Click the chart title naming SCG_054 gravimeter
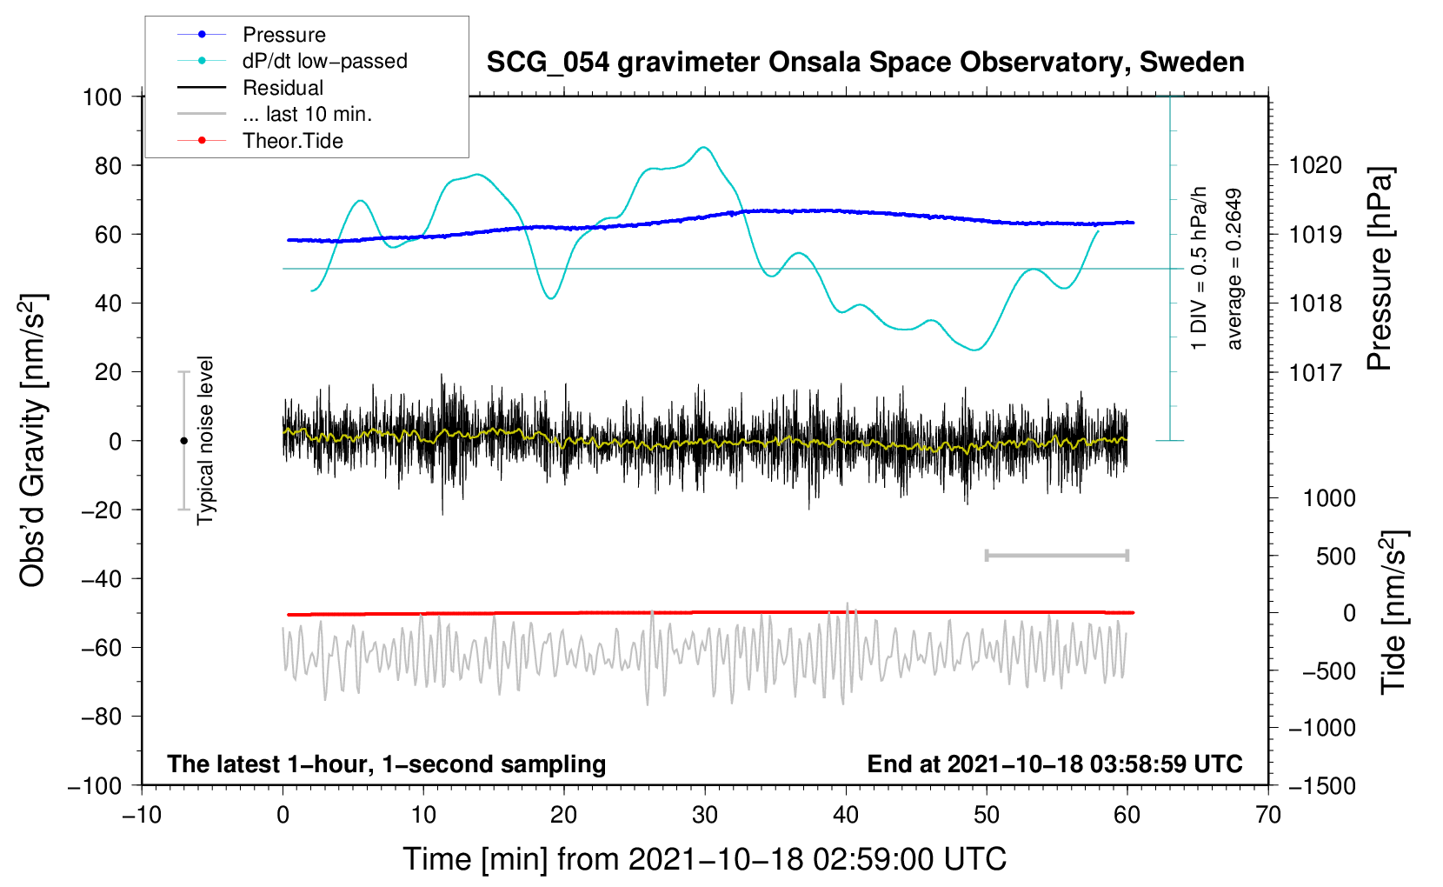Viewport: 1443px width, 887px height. pos(865,63)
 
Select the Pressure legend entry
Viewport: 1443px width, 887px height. pos(252,34)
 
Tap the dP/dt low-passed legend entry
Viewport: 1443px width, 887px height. pos(292,61)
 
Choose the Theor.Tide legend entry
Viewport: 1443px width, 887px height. pos(260,141)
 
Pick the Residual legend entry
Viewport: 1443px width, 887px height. pos(250,87)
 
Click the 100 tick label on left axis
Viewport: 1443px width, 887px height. pos(103,97)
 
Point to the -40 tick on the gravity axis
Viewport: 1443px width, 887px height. pos(102,579)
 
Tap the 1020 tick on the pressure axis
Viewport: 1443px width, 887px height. pos(1315,166)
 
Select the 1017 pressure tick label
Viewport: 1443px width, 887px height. pos(1315,372)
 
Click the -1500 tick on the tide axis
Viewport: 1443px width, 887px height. pos(1322,786)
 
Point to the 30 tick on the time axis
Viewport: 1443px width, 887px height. pos(705,816)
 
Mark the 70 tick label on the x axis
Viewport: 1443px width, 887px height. pos(1267,816)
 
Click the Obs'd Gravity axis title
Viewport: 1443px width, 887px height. pos(33,440)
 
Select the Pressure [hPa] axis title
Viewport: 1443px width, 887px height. pos(1380,269)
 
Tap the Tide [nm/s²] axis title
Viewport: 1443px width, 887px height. pos(1394,612)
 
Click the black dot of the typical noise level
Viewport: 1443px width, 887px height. pos(183,441)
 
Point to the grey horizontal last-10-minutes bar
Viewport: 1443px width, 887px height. pos(1056,556)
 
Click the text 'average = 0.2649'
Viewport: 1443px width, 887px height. pos(1233,269)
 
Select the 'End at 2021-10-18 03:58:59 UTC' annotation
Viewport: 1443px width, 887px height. pos(1054,764)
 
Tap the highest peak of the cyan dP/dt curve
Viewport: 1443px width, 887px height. pos(703,147)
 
